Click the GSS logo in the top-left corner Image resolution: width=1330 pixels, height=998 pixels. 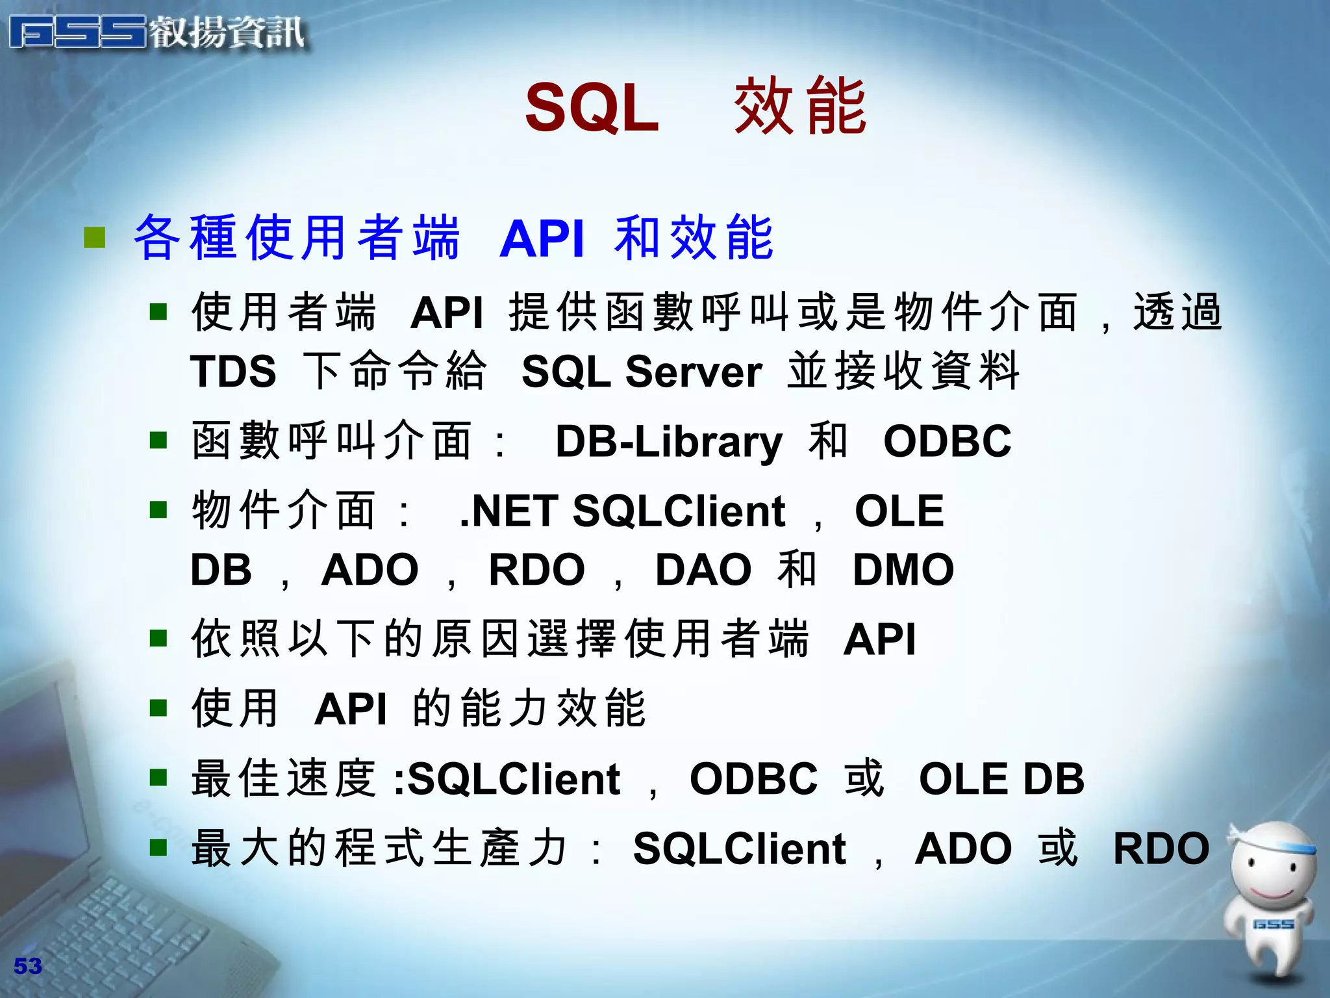(x=78, y=32)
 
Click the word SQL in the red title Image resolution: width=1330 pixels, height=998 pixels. (x=592, y=107)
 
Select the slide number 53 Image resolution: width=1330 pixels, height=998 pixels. (x=27, y=966)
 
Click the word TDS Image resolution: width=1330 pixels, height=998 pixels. (x=233, y=372)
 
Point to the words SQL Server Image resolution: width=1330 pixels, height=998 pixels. (x=642, y=372)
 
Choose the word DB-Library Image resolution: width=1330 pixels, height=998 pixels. (x=669, y=442)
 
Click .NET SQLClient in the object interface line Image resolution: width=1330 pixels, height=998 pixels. (x=622, y=511)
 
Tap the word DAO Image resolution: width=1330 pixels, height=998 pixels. (x=703, y=570)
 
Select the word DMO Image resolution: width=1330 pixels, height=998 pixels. (x=903, y=570)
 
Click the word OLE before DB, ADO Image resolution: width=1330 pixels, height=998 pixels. (x=899, y=511)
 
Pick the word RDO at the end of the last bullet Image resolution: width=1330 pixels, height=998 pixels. (x=1161, y=849)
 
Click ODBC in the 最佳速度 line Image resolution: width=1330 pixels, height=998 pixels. (x=753, y=778)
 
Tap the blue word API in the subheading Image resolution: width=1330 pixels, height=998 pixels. (x=542, y=238)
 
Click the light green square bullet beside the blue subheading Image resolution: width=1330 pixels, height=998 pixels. (x=95, y=238)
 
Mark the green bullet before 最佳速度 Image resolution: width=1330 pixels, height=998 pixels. (x=158, y=777)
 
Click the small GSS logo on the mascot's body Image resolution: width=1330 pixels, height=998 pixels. (x=1273, y=924)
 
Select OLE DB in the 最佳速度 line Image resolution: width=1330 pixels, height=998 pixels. (x=1001, y=778)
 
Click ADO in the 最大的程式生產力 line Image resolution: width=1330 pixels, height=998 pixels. (x=963, y=849)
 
